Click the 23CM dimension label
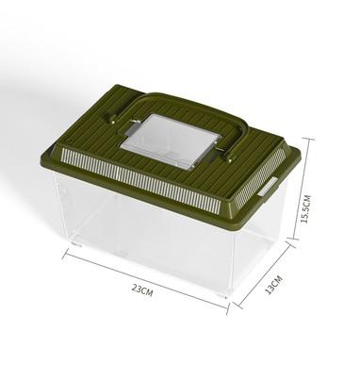click(x=142, y=290)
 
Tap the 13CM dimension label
click(x=274, y=285)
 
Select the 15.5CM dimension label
click(x=305, y=209)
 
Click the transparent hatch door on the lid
click(x=170, y=140)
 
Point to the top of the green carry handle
click(x=162, y=94)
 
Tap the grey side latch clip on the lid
click(x=268, y=187)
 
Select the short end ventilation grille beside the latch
click(x=260, y=174)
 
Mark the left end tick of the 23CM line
click(x=65, y=254)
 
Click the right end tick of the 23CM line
click(x=228, y=308)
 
